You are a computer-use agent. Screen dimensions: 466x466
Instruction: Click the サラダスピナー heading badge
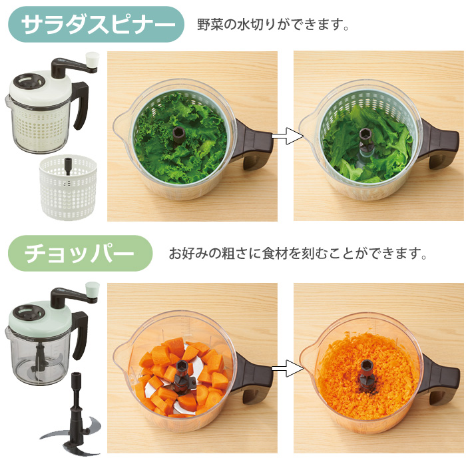point(96,25)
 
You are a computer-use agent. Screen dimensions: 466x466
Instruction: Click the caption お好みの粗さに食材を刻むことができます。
point(297,254)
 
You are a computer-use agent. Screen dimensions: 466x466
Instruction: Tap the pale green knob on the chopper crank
point(93,290)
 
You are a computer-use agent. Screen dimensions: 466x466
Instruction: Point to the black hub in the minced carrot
point(367,367)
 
